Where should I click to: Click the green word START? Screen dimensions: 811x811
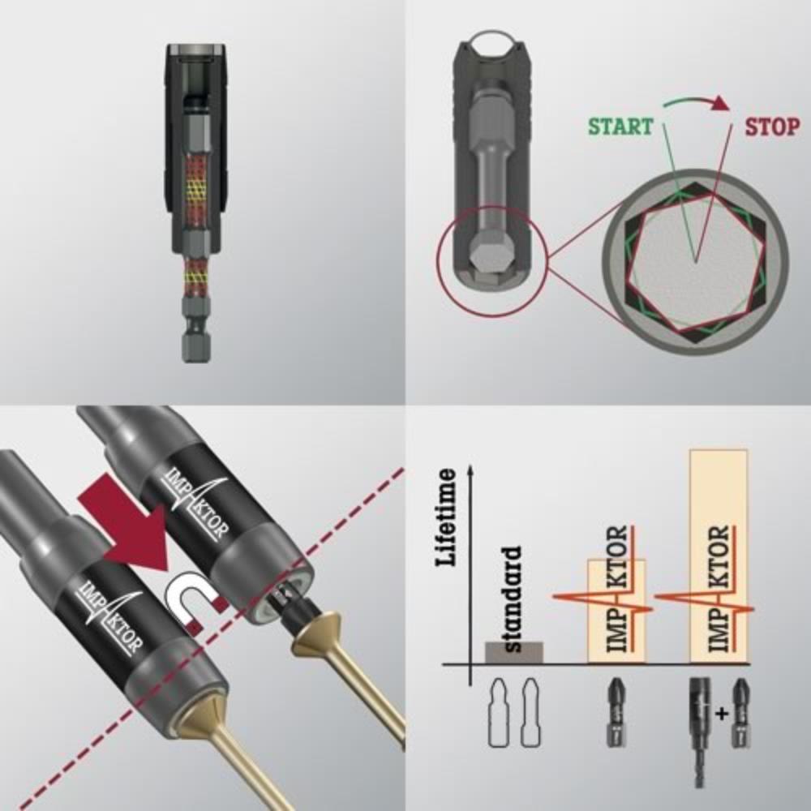pos(620,127)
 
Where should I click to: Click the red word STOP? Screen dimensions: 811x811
pos(772,127)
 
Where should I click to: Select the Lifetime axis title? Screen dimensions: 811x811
pos(447,517)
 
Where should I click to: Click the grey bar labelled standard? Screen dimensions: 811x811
pos(513,652)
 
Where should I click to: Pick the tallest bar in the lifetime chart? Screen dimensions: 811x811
pos(719,556)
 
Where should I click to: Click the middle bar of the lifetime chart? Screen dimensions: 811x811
pos(616,611)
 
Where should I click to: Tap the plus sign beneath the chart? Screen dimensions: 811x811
pos(722,714)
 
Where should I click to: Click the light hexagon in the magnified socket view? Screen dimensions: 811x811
pos(696,262)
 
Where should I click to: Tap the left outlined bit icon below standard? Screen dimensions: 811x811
pos(499,712)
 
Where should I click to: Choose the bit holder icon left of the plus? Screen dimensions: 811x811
pos(701,732)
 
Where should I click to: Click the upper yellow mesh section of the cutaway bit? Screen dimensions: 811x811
pos(195,189)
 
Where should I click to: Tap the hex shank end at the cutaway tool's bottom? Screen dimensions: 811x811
pos(196,345)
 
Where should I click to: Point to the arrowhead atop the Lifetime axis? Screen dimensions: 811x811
pos(470,469)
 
